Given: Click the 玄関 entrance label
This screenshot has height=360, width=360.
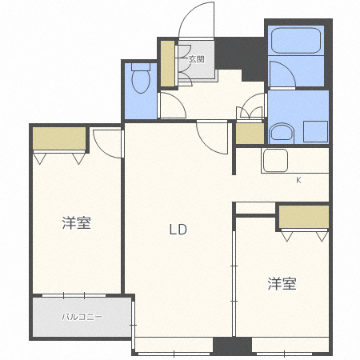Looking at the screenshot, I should (x=196, y=58).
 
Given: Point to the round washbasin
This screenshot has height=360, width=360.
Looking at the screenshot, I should (x=282, y=133).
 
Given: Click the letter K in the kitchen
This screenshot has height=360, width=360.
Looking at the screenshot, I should (x=298, y=180).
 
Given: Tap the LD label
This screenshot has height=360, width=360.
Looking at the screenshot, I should (x=177, y=230).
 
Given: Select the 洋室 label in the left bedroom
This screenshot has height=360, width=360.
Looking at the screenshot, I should (x=76, y=223).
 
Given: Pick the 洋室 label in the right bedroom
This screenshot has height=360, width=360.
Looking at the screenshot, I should (x=282, y=284).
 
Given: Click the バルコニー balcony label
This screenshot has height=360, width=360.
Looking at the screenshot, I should (x=82, y=317).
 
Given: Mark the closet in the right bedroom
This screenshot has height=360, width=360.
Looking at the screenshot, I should (x=303, y=218).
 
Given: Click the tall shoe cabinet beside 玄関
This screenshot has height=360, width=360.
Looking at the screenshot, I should (x=168, y=63).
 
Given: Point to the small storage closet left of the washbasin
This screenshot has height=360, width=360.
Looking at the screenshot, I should (x=250, y=134).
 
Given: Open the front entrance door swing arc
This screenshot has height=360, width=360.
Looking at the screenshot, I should (x=194, y=20).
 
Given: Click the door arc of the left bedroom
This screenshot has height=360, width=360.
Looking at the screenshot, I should (x=109, y=141).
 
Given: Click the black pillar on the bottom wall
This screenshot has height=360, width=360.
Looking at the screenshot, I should (x=232, y=346).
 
